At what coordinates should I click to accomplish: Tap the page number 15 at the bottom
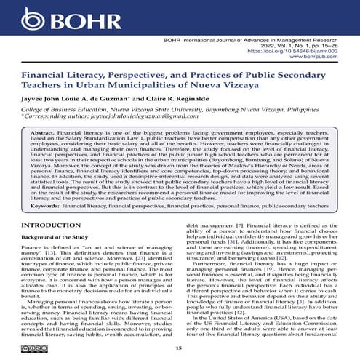pyautogui.click(x=180, y=349)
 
